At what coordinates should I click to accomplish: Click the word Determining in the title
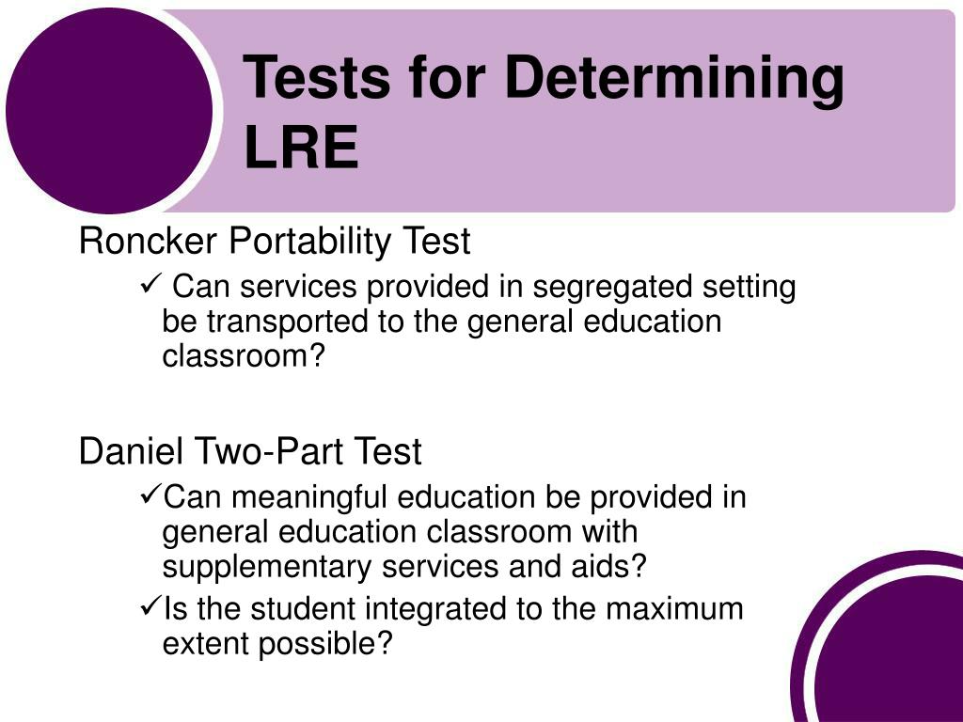pyautogui.click(x=673, y=79)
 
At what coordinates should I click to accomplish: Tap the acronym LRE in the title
pyautogui.click(x=301, y=148)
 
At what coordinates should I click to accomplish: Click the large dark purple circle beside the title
pyautogui.click(x=108, y=109)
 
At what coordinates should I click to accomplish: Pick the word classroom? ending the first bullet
pyautogui.click(x=243, y=357)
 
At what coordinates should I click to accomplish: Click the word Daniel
pyautogui.click(x=133, y=452)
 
